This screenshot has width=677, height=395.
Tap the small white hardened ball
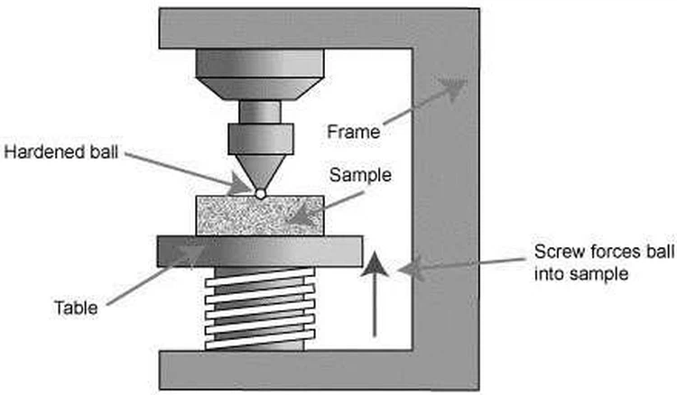[260, 193]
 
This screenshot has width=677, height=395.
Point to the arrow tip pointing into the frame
[456, 87]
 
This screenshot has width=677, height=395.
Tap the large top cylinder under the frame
[260, 68]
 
